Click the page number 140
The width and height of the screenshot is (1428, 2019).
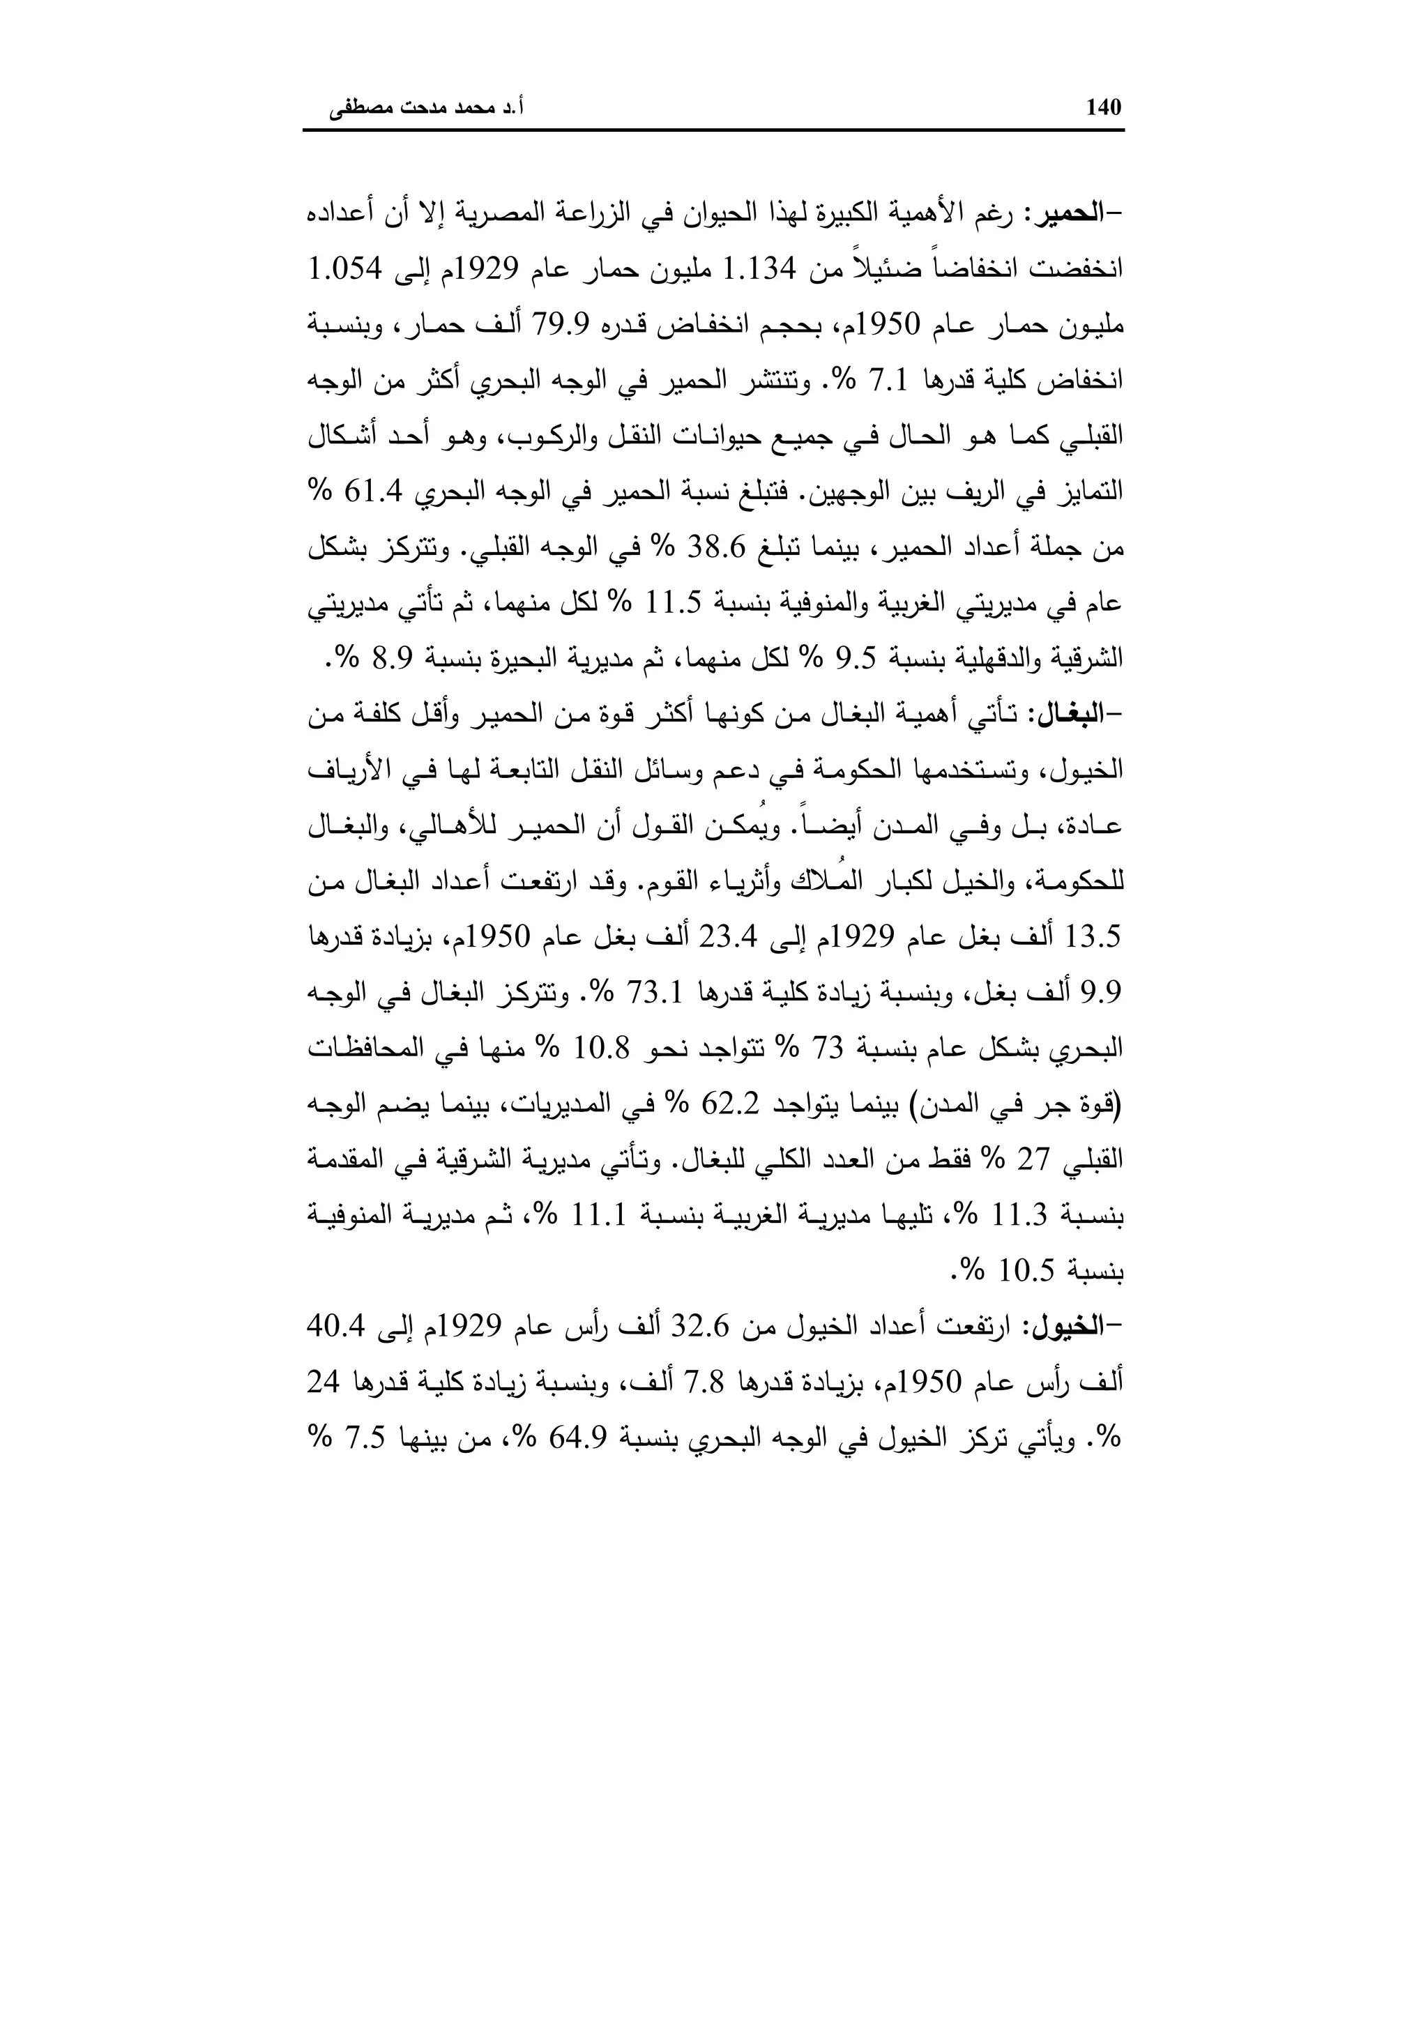1104,108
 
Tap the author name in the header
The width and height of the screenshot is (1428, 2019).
427,109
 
